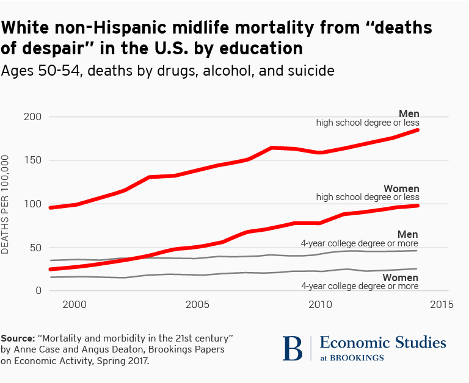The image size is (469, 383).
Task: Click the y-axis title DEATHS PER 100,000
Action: coord(5,204)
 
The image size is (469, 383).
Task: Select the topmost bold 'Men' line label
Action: coord(409,113)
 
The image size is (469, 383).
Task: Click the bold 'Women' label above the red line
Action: coord(401,188)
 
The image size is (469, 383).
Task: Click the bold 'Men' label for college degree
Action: coord(408,234)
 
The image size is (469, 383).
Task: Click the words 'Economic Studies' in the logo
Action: coord(383,342)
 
